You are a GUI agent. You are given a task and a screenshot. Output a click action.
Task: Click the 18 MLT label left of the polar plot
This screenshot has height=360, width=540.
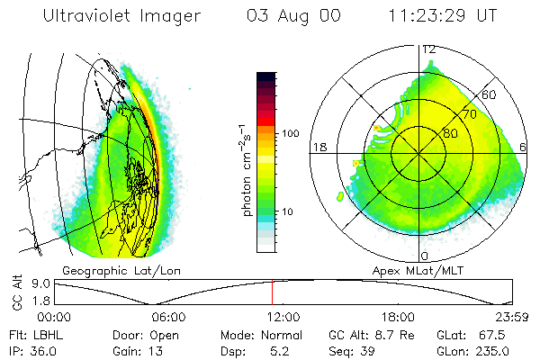point(318,148)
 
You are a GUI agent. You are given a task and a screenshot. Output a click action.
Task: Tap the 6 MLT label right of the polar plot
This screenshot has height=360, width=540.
point(524,148)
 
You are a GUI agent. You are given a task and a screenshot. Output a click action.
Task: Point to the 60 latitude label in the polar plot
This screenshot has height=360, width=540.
point(490,94)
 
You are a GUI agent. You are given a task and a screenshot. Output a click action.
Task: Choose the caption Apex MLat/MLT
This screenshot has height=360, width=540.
point(424,270)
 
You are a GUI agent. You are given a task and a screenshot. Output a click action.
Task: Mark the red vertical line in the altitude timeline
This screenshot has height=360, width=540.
point(272,292)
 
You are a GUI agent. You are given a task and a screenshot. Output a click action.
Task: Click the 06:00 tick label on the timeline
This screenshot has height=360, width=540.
point(168,317)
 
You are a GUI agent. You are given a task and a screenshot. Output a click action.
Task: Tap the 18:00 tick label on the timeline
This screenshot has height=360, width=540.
point(398,317)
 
